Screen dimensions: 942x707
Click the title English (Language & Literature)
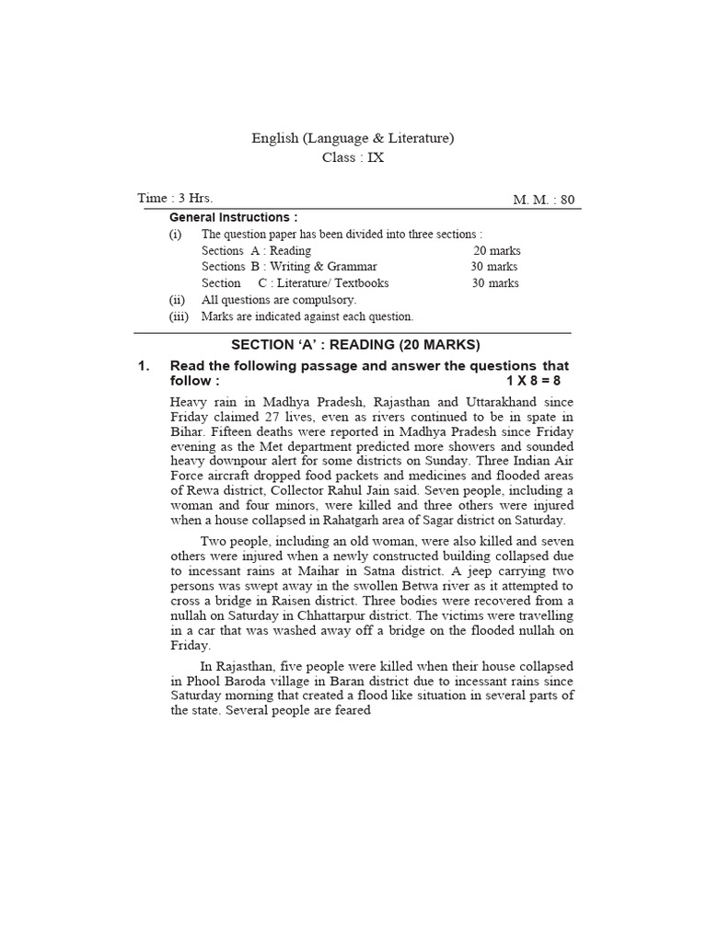[x=353, y=138]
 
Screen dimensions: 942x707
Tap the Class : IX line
[x=353, y=157]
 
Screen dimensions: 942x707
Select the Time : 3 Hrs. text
[x=175, y=198]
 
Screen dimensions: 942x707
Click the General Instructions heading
[x=234, y=218]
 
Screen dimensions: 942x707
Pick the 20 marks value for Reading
[x=495, y=250]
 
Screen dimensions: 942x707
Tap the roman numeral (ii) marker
[x=176, y=300]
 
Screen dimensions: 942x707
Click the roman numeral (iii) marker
[x=178, y=316]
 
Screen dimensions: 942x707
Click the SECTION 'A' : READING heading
[x=355, y=345]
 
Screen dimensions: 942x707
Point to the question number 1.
[x=144, y=366]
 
